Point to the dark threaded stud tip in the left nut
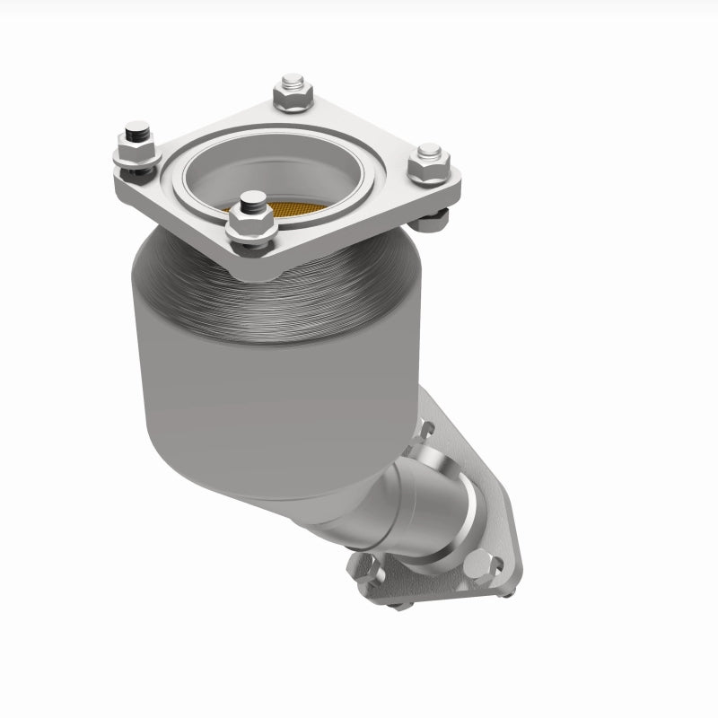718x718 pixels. pos(136,136)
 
